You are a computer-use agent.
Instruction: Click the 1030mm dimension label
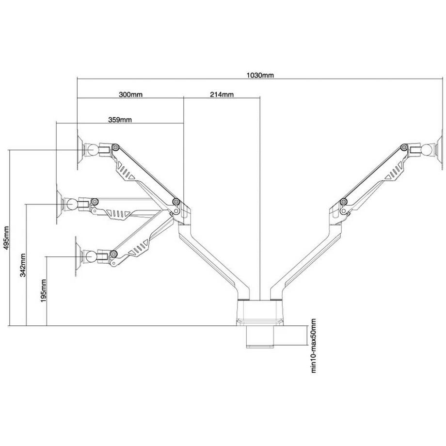[x=260, y=75]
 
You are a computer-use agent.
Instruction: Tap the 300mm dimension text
[x=130, y=95]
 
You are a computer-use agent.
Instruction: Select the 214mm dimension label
[x=222, y=95]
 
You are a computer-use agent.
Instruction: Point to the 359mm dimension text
[x=120, y=119]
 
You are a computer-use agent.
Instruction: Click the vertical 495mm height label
[x=6, y=238]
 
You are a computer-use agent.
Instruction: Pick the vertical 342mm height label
[x=23, y=265]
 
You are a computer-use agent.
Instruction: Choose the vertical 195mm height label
[x=43, y=291]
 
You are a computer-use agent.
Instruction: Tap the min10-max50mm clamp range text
[x=313, y=345]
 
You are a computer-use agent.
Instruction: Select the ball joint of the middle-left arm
[x=71, y=204]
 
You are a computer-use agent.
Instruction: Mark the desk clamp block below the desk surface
[x=259, y=336]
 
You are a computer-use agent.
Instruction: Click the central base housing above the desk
[x=260, y=313]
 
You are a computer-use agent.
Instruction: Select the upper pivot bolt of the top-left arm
[x=115, y=147]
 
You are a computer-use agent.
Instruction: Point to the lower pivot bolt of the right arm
[x=344, y=202]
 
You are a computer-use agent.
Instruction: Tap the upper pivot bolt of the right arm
[x=404, y=147]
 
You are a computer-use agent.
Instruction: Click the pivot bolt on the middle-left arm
[x=95, y=201]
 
